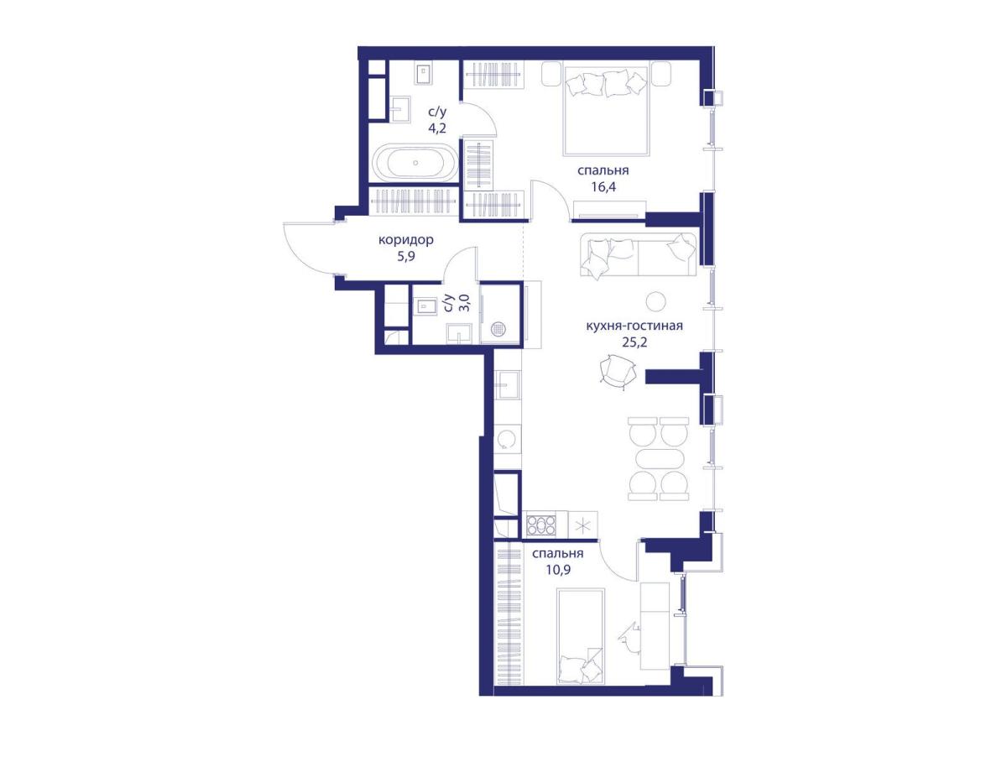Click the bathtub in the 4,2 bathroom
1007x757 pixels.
(x=415, y=163)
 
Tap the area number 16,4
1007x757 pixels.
(x=603, y=186)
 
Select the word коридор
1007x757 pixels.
(x=405, y=240)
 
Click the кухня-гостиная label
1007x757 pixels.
(x=634, y=326)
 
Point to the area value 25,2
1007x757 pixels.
(x=634, y=342)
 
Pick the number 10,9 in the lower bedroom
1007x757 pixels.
(x=558, y=570)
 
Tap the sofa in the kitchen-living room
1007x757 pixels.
(x=638, y=255)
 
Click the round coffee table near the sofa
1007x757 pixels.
(x=655, y=301)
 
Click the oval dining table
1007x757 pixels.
(x=658, y=464)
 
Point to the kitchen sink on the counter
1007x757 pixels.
(x=507, y=384)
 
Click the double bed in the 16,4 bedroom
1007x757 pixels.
(x=606, y=111)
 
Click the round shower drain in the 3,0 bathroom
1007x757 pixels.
(x=498, y=328)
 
